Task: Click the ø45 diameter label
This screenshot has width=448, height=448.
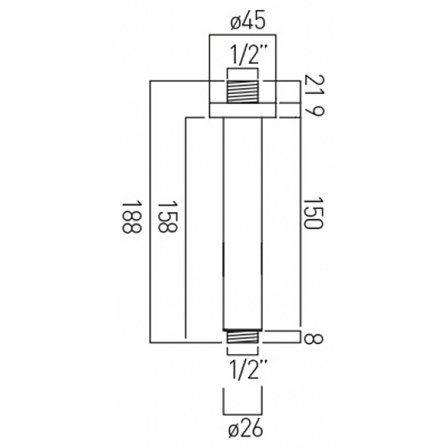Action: (x=244, y=22)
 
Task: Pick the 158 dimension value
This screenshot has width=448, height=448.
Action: (x=168, y=217)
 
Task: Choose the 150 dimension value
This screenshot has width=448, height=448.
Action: (x=313, y=213)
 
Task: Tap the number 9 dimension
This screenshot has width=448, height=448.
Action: (x=313, y=111)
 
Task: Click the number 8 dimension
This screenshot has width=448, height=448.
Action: (x=313, y=337)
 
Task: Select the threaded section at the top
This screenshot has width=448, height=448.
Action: (x=242, y=92)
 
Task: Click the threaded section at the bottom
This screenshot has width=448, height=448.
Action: (x=242, y=337)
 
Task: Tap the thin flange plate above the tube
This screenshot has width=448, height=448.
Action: (x=242, y=111)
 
